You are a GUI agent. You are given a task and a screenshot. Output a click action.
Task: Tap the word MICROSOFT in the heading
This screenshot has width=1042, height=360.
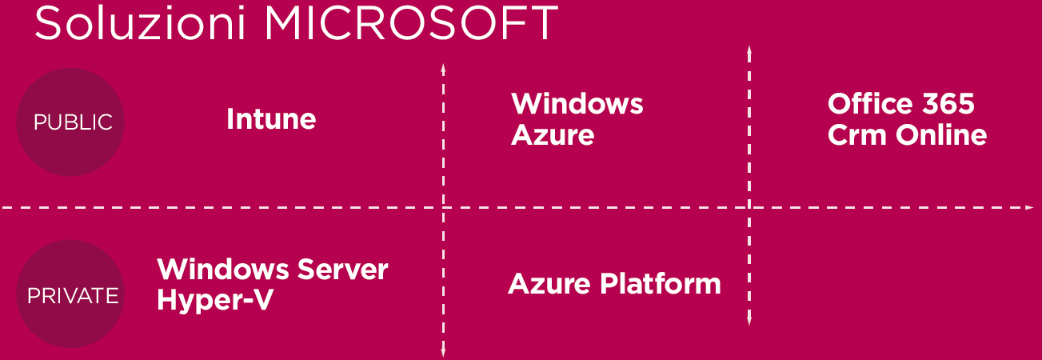click(x=410, y=23)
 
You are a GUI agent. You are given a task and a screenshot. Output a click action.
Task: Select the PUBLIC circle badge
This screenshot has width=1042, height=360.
click(x=70, y=122)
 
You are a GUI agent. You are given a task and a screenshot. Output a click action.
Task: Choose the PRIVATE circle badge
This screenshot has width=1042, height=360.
click(x=70, y=294)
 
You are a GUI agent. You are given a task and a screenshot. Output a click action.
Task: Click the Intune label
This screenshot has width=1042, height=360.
click(x=271, y=120)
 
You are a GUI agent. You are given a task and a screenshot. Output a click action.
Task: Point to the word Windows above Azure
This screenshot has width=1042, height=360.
click(x=577, y=104)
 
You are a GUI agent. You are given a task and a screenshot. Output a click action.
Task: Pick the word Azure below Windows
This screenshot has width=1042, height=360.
click(x=553, y=135)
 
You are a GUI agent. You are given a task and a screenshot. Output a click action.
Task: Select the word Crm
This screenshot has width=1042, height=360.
click(x=855, y=135)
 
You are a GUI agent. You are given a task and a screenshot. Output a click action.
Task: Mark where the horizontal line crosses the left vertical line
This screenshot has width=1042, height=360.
click(x=443, y=208)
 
